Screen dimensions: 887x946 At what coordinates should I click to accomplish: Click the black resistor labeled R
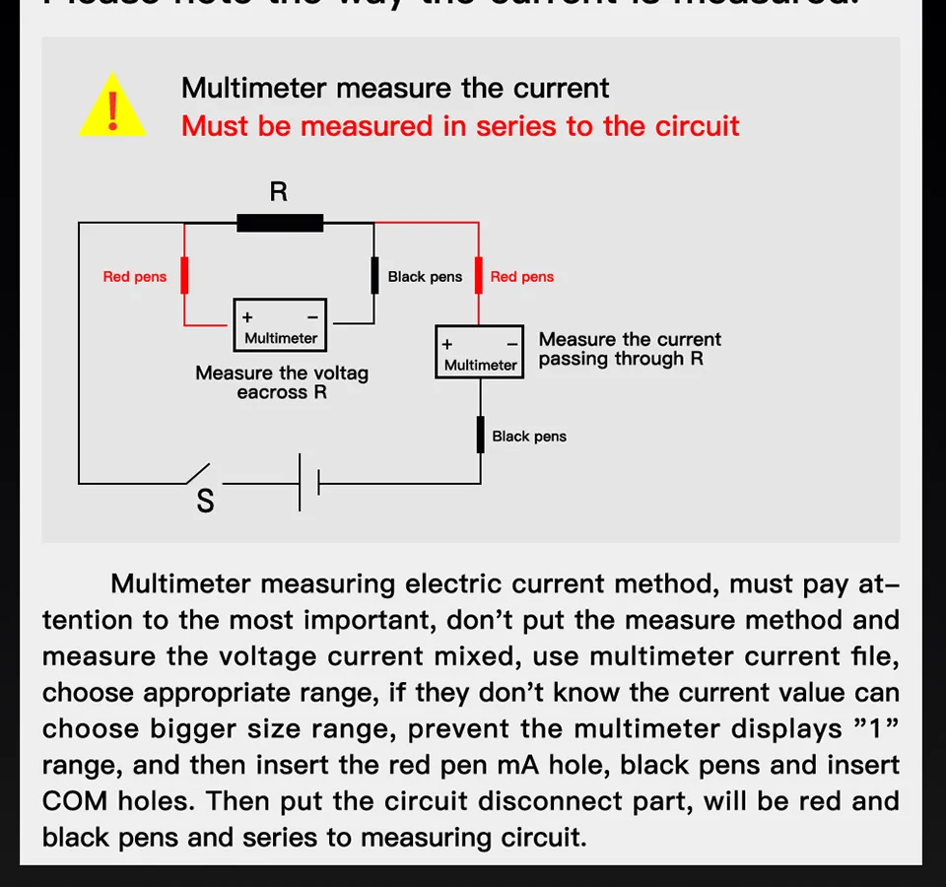pyautogui.click(x=280, y=223)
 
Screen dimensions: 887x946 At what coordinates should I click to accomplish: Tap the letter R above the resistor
pyautogui.click(x=279, y=191)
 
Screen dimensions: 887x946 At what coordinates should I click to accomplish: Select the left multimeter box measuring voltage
pyautogui.click(x=280, y=325)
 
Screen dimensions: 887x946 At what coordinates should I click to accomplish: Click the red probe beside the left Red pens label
pyautogui.click(x=184, y=276)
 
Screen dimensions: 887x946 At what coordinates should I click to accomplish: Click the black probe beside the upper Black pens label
pyautogui.click(x=374, y=276)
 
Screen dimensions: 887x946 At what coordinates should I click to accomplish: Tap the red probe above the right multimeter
pyautogui.click(x=479, y=276)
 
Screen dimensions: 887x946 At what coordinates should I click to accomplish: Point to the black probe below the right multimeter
pyautogui.click(x=481, y=435)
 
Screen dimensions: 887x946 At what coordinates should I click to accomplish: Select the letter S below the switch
pyautogui.click(x=205, y=502)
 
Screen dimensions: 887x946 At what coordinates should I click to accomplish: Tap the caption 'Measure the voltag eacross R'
pyautogui.click(x=282, y=382)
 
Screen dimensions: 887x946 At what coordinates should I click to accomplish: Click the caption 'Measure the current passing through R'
pyautogui.click(x=630, y=349)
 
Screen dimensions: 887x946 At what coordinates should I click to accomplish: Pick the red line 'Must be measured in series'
pyautogui.click(x=460, y=126)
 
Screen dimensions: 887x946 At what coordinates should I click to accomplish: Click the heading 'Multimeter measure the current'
pyautogui.click(x=395, y=88)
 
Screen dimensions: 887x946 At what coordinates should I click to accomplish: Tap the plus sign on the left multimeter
pyautogui.click(x=247, y=317)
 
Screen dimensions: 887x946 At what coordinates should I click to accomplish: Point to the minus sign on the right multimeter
pyautogui.click(x=512, y=344)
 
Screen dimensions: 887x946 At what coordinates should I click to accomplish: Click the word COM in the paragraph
pyautogui.click(x=74, y=801)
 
